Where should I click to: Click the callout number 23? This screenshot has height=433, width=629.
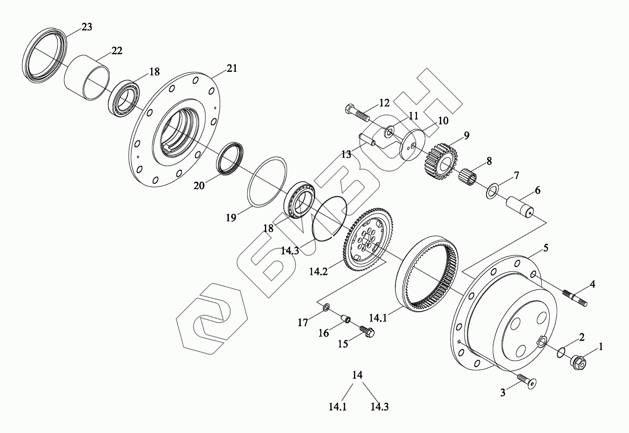87,27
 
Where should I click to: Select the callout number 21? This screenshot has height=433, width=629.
232,68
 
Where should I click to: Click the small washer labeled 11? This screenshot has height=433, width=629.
390,131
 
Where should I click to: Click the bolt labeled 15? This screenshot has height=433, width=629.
366,331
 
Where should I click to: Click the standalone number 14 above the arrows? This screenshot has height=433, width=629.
357,375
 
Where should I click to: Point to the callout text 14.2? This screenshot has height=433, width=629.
318,272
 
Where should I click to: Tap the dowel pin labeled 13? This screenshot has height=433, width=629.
368,139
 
